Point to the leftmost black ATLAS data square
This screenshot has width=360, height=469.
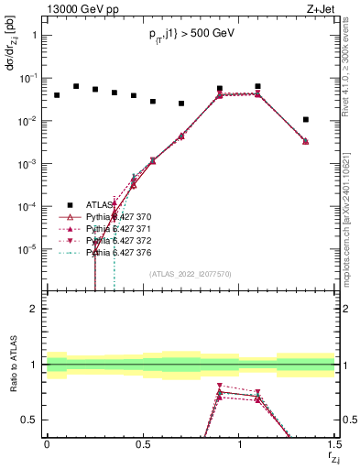[57, 95]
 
